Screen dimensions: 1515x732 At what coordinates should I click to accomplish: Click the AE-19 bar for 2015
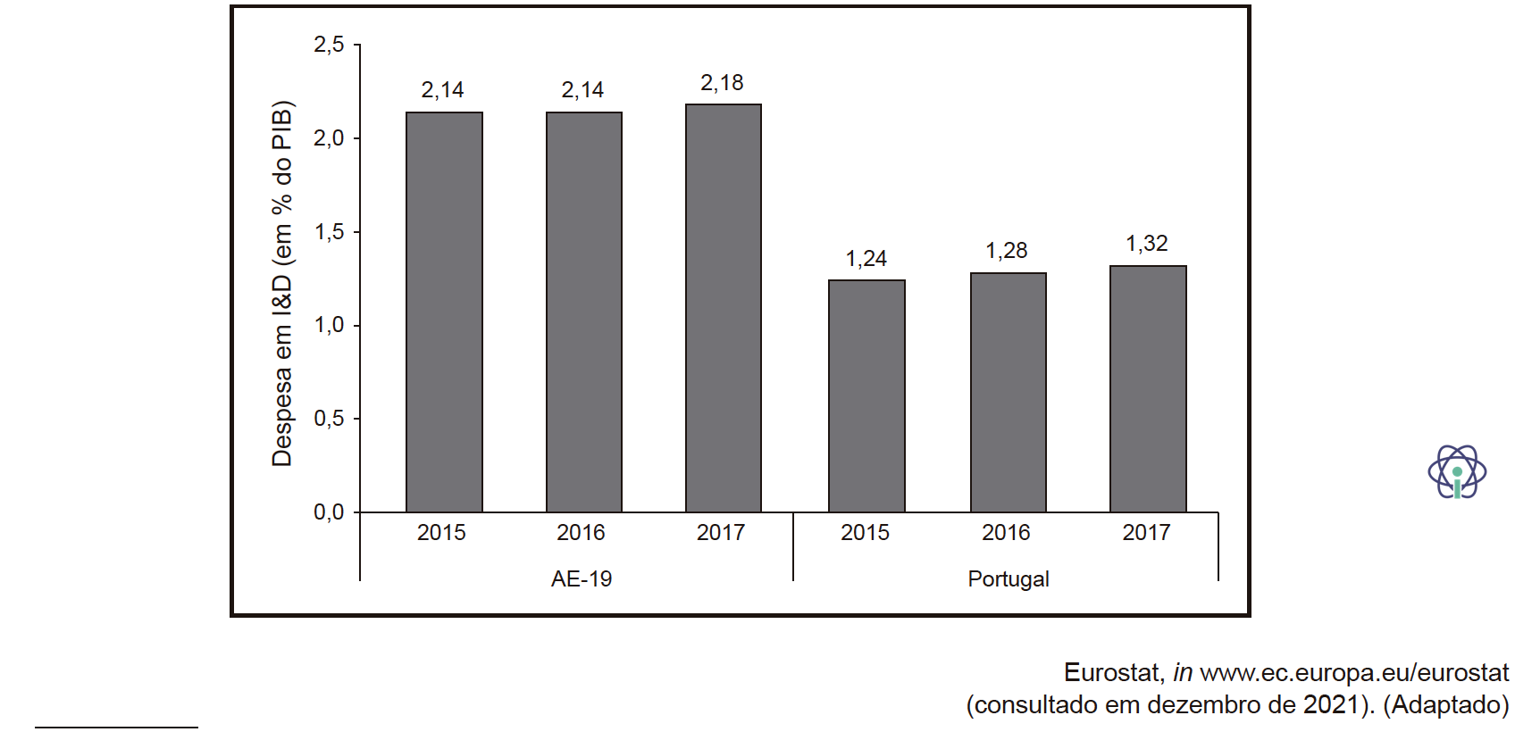click(444, 312)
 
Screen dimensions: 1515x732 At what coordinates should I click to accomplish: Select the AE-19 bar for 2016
click(584, 312)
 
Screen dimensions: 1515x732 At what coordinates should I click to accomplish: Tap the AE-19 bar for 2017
click(724, 308)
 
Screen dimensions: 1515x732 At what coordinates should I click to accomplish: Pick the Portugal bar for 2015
click(866, 396)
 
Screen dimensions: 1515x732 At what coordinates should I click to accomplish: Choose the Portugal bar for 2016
click(1009, 393)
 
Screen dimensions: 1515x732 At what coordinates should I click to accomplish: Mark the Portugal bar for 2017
click(1148, 389)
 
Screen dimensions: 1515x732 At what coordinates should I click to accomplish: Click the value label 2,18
click(722, 83)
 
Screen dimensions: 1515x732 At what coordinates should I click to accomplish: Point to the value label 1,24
click(866, 258)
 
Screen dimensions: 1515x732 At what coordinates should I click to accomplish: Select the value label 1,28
click(1007, 251)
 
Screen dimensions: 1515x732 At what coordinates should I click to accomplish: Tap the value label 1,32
click(1146, 244)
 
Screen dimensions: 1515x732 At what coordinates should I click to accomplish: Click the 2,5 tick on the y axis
click(330, 45)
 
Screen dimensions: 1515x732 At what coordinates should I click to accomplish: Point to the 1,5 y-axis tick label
click(330, 232)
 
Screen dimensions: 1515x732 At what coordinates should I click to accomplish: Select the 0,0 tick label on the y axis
click(330, 512)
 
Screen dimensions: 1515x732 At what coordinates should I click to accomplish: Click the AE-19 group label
click(582, 579)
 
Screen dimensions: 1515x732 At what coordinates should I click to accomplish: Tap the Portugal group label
click(1009, 579)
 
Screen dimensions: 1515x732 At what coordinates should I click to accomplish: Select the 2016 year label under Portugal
click(1007, 533)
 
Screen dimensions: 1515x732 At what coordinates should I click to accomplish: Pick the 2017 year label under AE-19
click(721, 533)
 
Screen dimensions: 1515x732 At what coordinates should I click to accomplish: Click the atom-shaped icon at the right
click(1457, 471)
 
